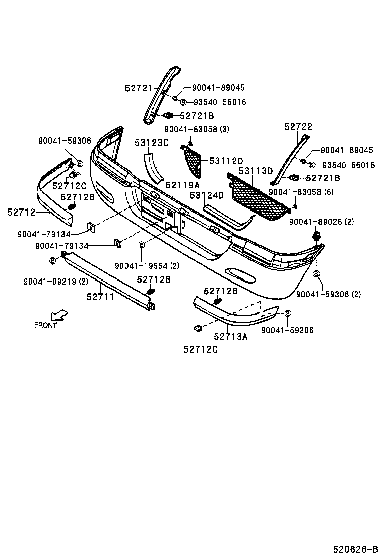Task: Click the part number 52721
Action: point(139,88)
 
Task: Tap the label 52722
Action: point(298,127)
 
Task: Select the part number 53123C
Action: point(151,143)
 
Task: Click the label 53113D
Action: point(256,171)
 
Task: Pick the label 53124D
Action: point(207,195)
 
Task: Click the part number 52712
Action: point(21,213)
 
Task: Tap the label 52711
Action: point(100,297)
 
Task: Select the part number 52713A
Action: point(231,337)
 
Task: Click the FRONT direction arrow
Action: point(60,315)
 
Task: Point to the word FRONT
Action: point(45,325)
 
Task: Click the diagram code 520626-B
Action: point(355,549)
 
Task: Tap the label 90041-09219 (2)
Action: point(55,282)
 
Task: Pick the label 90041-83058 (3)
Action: point(197,129)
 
